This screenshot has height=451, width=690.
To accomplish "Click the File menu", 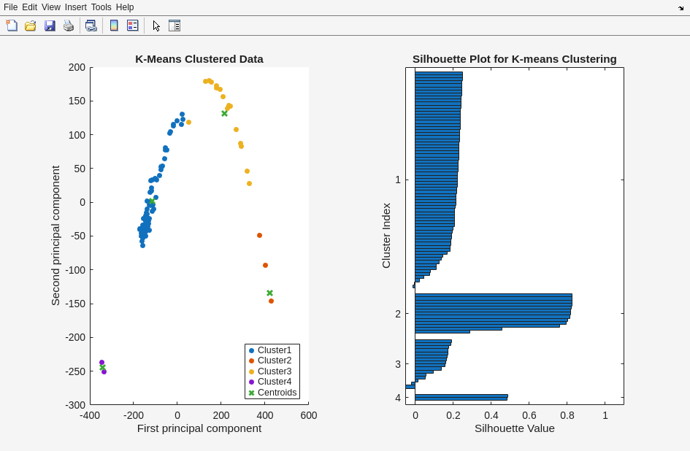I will point(10,7).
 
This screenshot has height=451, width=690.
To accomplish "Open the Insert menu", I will point(75,7).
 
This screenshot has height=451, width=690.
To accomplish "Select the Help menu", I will point(125,7).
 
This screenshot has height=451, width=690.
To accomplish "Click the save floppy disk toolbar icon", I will point(50,26).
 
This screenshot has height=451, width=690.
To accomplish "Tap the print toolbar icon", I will point(69,26).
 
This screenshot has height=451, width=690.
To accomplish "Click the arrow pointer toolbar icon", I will point(156,26).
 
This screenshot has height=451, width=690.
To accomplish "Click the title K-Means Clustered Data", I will point(199,59).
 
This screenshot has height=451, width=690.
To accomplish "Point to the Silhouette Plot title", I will point(514,59).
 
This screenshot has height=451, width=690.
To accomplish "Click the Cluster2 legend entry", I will point(274,361).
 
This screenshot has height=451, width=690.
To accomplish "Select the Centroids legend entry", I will point(277,393).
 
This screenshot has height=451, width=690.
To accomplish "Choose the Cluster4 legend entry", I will point(274,382).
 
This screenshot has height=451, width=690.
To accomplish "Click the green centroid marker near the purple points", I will point(102,367).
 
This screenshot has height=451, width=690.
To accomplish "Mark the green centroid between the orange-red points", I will point(269,293).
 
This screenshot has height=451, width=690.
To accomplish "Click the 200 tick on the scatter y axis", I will point(77,67).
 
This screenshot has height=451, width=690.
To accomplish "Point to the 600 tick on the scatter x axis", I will point(309,415).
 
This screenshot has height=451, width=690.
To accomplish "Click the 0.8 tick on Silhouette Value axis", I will point(567,415).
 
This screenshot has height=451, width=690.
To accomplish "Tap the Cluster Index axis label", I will point(386,236).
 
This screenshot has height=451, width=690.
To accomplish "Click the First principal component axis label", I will point(199,428).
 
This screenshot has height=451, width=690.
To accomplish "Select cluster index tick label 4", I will point(398,398).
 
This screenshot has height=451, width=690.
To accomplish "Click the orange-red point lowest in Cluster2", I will point(271,301).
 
